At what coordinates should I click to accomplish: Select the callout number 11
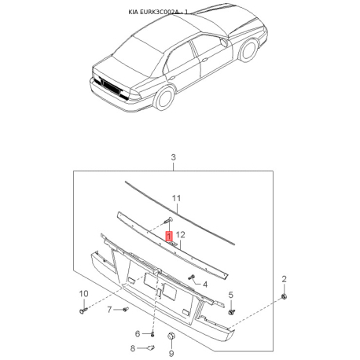pyautogui.click(x=177, y=198)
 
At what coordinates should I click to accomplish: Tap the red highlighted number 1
pyautogui.click(x=168, y=234)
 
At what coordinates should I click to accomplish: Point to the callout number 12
pyautogui.click(x=180, y=234)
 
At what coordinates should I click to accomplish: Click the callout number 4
pyautogui.click(x=204, y=284)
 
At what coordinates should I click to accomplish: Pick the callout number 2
pyautogui.click(x=285, y=279)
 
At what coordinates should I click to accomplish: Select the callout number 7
pyautogui.click(x=111, y=310)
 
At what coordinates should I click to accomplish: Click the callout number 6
pyautogui.click(x=137, y=333)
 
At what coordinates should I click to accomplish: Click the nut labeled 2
pyautogui.click(x=284, y=296)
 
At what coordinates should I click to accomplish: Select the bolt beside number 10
pyautogui.click(x=83, y=311)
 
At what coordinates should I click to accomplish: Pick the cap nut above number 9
pyautogui.click(x=171, y=336)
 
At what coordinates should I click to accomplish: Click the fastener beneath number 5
pyautogui.click(x=231, y=311)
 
